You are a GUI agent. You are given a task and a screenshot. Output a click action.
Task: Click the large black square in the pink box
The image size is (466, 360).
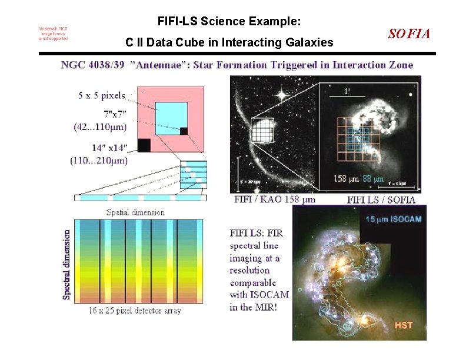[144, 145]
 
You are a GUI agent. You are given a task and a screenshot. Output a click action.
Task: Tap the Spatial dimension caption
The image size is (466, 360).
[135, 212]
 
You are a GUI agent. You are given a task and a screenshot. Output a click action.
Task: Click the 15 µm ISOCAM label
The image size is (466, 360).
[393, 219]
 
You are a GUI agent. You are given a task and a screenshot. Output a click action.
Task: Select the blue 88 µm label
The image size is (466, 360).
[373, 179]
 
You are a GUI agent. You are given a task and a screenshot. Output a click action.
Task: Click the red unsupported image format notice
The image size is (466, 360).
[53, 34]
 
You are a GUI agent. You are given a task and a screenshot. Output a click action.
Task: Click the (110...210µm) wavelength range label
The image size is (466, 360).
[98, 160]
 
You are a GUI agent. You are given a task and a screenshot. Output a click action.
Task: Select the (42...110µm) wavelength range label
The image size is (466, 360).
[100, 126]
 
